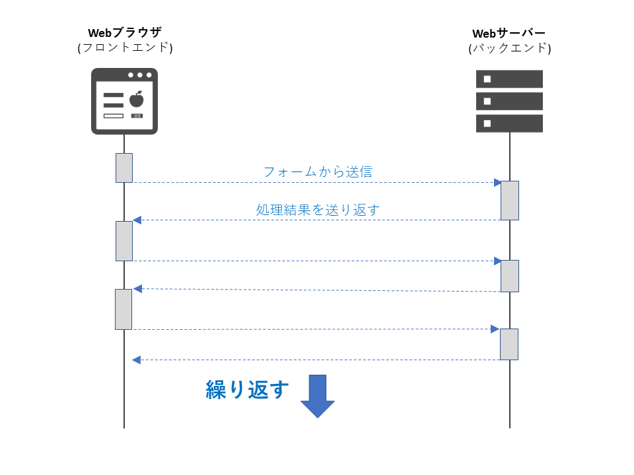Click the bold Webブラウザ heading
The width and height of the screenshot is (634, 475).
pyautogui.click(x=125, y=32)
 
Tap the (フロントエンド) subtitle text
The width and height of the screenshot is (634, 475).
pyautogui.click(x=125, y=47)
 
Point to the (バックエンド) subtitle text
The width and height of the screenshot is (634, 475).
pyautogui.click(x=509, y=48)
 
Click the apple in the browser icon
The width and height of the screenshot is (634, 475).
pyautogui.click(x=137, y=100)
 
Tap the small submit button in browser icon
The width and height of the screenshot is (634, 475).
pyautogui.click(x=137, y=115)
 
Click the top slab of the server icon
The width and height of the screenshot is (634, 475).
pyautogui.click(x=509, y=79)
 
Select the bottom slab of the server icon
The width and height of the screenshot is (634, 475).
pyautogui.click(x=509, y=123)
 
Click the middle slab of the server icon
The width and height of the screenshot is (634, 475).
pyautogui.click(x=509, y=101)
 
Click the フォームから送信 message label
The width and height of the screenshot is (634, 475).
pyautogui.click(x=318, y=172)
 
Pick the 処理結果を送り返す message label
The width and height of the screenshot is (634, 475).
pyautogui.click(x=318, y=210)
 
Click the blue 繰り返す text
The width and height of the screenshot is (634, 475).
pyautogui.click(x=248, y=390)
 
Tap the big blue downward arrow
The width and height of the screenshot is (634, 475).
pyautogui.click(x=318, y=396)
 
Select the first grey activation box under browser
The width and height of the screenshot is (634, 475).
pyautogui.click(x=124, y=168)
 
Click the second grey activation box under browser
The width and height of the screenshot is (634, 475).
pyautogui.click(x=124, y=241)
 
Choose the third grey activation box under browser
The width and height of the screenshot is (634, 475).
pyautogui.click(x=123, y=309)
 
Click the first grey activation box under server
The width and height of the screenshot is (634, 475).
pyautogui.click(x=509, y=200)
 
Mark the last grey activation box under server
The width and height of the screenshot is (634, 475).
pyautogui.click(x=509, y=344)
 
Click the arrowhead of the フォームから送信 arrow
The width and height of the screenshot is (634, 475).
pyautogui.click(x=498, y=182)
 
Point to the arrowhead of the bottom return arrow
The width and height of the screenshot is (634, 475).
pyautogui.click(x=136, y=360)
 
